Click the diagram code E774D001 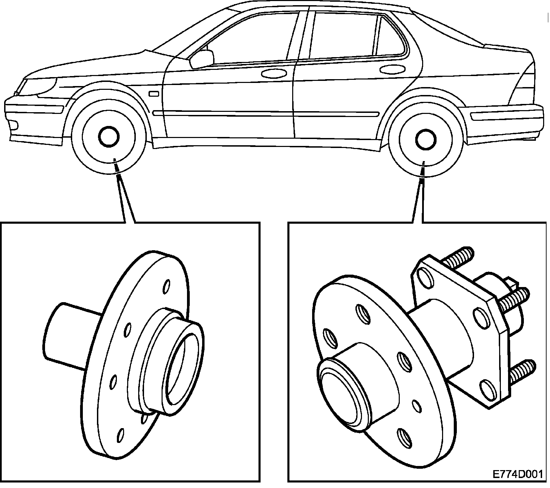coord(517,475)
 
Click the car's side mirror coord(202,58)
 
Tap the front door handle coord(274,73)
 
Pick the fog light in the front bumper coord(14,125)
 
